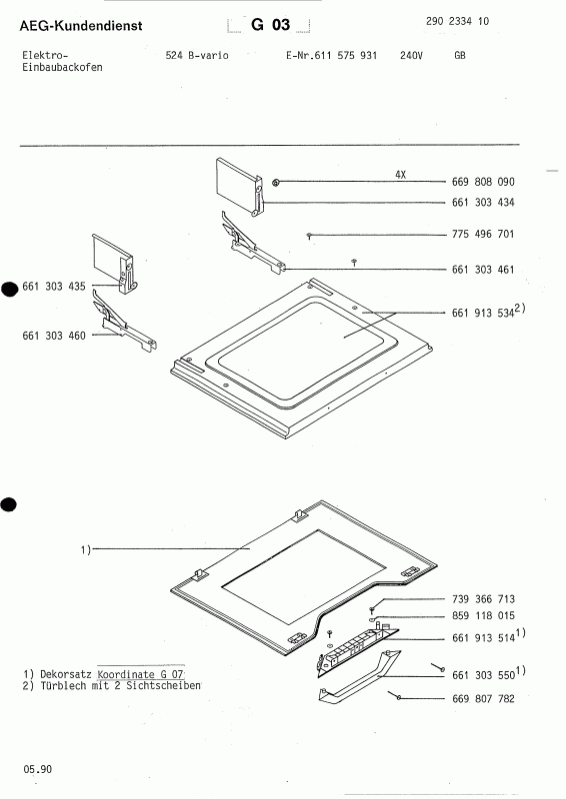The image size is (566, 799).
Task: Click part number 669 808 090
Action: (x=483, y=183)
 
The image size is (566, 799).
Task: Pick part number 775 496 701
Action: (x=483, y=235)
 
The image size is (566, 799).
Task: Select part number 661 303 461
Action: (x=483, y=270)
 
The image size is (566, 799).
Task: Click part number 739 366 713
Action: (x=483, y=599)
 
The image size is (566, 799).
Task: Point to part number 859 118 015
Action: (x=483, y=616)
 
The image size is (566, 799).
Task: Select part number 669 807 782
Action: (x=483, y=699)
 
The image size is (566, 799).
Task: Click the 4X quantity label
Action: (x=400, y=174)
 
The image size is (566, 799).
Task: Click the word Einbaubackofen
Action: (x=61, y=68)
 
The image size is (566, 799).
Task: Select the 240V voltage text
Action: (x=411, y=56)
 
